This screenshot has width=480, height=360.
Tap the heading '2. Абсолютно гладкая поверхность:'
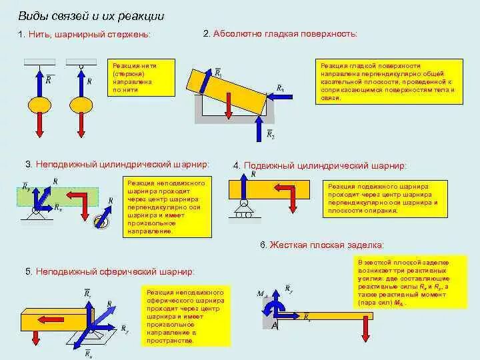click(280, 33)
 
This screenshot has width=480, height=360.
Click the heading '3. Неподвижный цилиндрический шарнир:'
click(117, 164)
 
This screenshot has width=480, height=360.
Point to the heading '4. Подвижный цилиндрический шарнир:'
click(319, 165)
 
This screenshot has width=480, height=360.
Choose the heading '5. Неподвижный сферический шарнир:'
click(110, 272)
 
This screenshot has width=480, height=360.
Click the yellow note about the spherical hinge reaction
click(185, 316)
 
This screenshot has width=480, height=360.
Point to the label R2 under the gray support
click(270, 134)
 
